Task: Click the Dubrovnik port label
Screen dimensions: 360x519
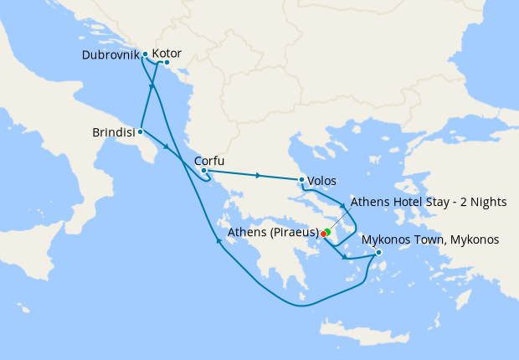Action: tap(110, 55)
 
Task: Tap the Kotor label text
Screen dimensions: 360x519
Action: tap(167, 54)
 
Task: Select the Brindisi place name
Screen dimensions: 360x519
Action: tap(113, 132)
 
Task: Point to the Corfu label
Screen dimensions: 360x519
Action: tap(209, 162)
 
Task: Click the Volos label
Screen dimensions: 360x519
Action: tap(322, 180)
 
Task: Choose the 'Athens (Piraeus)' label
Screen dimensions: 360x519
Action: tap(273, 233)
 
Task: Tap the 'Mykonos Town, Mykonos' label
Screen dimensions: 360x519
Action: tap(430, 240)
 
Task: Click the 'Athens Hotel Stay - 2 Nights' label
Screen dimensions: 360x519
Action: tap(429, 202)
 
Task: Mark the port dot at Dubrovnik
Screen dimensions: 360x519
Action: tap(146, 54)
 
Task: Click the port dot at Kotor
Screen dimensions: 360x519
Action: tap(167, 63)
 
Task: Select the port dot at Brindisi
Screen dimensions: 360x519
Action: tap(141, 131)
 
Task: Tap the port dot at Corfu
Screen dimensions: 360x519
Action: tap(203, 171)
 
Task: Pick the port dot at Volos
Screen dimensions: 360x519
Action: tap(301, 179)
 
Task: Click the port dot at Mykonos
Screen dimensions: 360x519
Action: tap(379, 253)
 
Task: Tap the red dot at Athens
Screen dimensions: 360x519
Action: tap(323, 234)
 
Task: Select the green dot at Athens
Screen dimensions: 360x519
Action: tap(326, 231)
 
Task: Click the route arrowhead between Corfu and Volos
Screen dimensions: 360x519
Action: tap(259, 175)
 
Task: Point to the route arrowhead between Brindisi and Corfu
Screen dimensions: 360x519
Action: tap(170, 149)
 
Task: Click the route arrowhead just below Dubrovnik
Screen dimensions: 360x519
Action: tap(153, 86)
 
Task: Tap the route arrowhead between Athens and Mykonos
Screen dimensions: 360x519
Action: tap(343, 255)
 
